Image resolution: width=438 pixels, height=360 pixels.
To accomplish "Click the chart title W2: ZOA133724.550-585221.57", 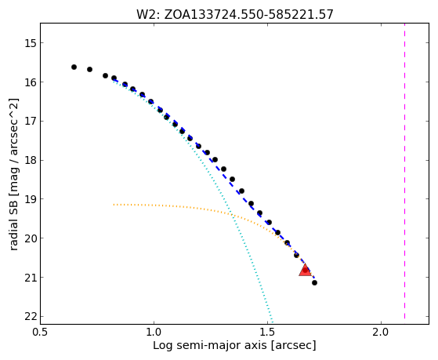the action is [235, 15].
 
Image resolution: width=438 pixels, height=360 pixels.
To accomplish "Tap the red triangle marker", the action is [305, 270].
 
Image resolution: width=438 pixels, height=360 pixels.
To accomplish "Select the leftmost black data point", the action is [74, 67].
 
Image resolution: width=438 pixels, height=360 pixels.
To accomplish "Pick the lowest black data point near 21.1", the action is [314, 283].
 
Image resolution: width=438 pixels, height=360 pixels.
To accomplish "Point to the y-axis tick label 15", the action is [31, 43].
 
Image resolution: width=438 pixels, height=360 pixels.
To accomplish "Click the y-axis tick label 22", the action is [31, 316].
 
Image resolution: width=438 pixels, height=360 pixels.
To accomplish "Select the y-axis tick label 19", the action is [31, 199].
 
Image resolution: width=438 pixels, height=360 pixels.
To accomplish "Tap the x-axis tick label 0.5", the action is [41, 332].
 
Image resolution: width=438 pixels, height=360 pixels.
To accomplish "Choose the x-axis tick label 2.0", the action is [382, 332].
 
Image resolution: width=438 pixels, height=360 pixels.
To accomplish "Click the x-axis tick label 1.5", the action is [268, 332].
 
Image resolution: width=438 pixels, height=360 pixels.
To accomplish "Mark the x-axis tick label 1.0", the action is [154, 332].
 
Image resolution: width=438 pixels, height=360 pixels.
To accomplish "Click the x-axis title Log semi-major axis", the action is [209, 346].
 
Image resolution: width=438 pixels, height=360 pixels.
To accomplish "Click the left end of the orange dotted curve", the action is [114, 205].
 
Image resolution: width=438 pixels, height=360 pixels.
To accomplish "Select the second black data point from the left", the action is [89, 69].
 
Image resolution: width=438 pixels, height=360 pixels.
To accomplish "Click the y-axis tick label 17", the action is [31, 121].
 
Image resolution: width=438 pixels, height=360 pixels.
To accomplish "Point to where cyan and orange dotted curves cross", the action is [231, 215].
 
